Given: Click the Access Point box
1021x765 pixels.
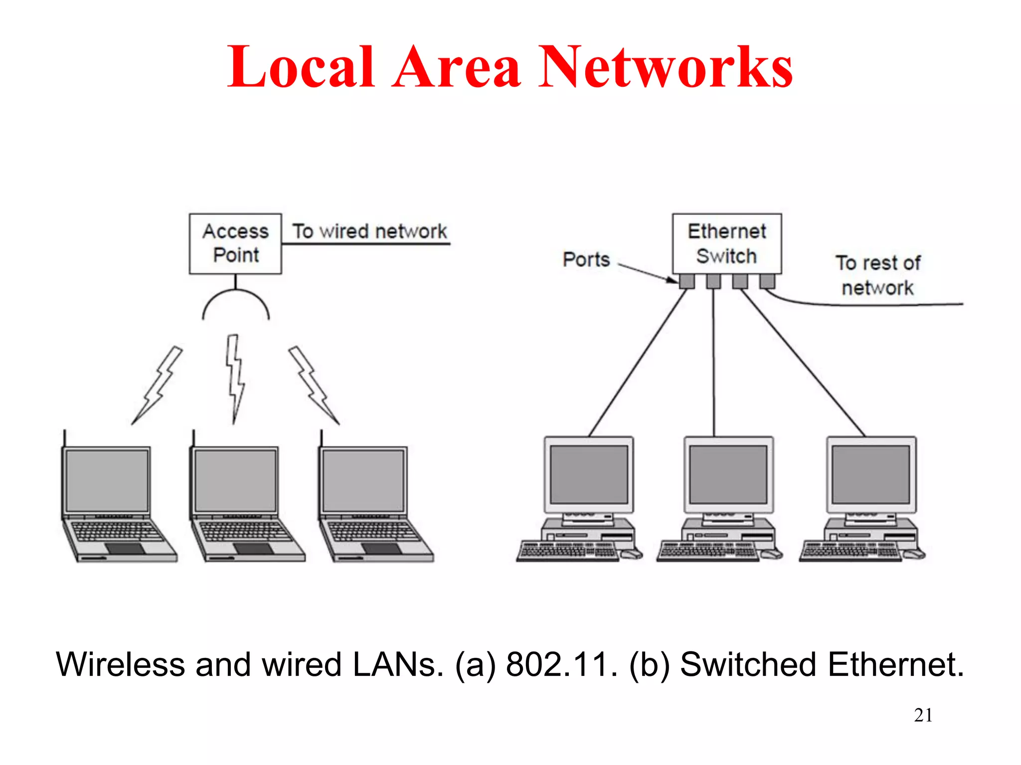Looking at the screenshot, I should point(235,244).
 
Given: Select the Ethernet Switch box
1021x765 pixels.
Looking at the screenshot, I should point(726,244).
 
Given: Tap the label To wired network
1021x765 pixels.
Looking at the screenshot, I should point(369,232).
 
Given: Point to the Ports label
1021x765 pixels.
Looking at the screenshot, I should point(586,259).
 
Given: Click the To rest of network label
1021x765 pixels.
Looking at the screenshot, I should point(878,275).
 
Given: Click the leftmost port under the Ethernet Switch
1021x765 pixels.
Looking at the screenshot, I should point(687,281).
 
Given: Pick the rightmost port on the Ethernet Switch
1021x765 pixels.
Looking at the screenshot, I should point(767,281).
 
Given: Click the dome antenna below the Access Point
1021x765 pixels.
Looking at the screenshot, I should point(236,305).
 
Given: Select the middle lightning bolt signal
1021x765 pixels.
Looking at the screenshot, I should point(235,379).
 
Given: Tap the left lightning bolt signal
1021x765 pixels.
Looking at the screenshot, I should point(158,386).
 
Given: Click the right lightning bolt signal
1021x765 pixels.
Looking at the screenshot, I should point(314,386).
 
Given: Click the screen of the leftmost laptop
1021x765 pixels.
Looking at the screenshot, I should point(107,480).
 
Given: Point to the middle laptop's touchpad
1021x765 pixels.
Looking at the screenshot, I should point(253,548).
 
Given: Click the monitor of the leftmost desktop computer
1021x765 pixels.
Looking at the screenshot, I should point(589,474).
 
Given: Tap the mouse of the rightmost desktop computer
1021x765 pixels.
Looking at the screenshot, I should point(914,554).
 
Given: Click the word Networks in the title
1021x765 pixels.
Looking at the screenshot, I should point(666,67).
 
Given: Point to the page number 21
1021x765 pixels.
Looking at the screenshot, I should point(923,715).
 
